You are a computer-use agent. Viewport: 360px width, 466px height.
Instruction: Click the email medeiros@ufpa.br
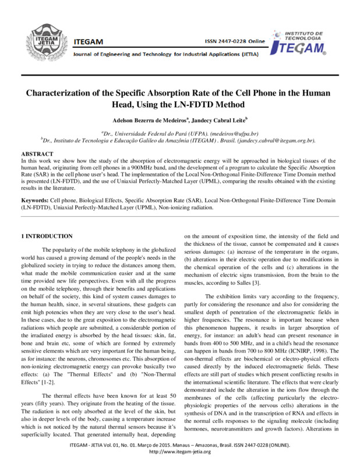point(239,133)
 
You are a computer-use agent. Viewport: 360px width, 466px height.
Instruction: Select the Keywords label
point(35,199)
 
